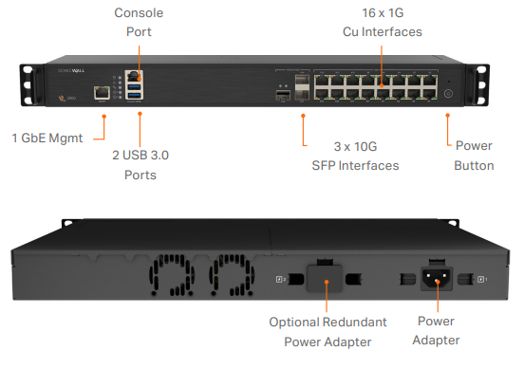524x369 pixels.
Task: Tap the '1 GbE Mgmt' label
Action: pos(47,138)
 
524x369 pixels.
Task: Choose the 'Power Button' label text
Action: pos(474,156)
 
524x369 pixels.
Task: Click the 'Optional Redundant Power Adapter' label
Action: pos(326,332)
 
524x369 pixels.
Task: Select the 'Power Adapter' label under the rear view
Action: pos(437,331)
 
